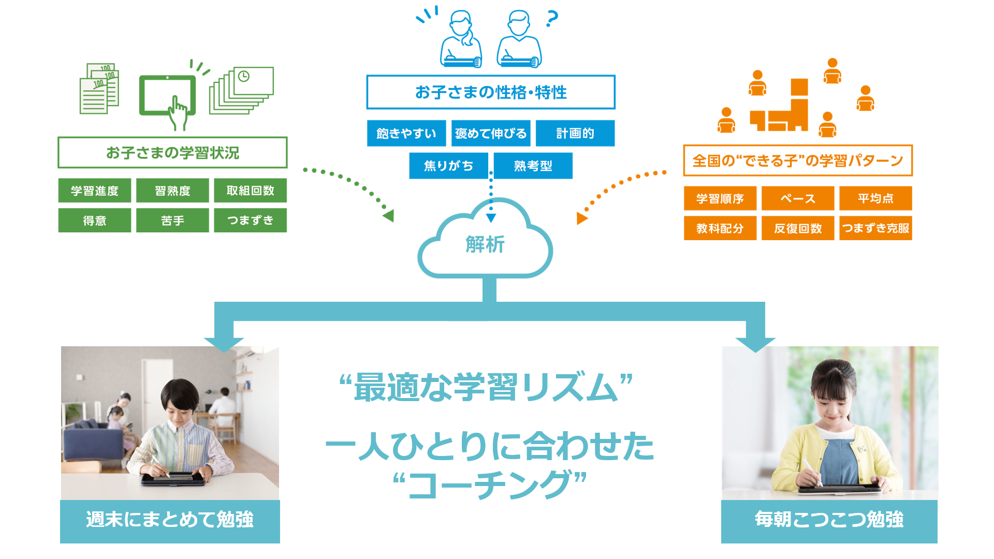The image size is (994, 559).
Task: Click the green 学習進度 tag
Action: [x=94, y=190]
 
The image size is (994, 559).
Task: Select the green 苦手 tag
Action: [x=172, y=220]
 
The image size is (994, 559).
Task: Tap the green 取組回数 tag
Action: [x=250, y=190]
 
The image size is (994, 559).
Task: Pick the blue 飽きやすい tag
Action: [x=406, y=134]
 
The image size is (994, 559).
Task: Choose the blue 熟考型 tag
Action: [x=533, y=166]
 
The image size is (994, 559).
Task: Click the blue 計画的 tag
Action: [x=575, y=134]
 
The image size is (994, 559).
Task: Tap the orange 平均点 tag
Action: [x=875, y=198]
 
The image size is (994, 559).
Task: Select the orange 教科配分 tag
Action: [x=720, y=228]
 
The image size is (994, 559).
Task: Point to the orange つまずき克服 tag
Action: [x=875, y=228]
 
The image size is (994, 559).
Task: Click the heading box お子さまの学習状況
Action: [x=172, y=153]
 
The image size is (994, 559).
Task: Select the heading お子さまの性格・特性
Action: [x=490, y=93]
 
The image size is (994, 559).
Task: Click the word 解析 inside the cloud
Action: [x=485, y=244]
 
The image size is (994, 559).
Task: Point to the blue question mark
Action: [x=552, y=19]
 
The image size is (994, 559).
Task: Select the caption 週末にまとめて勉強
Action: [x=170, y=520]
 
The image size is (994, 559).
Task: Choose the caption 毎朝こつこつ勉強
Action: [x=829, y=520]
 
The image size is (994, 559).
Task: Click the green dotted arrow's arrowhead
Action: [x=389, y=215]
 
